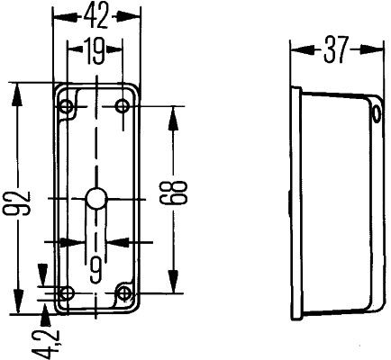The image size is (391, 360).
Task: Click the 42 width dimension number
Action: (x=98, y=15)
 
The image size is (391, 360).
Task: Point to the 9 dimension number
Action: (x=95, y=266)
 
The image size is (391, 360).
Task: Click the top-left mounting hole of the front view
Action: (x=66, y=108)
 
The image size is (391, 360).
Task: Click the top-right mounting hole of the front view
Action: (x=123, y=108)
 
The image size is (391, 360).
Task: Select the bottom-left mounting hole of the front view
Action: (x=66, y=292)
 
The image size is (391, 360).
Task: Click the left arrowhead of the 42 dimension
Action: (x=58, y=15)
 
